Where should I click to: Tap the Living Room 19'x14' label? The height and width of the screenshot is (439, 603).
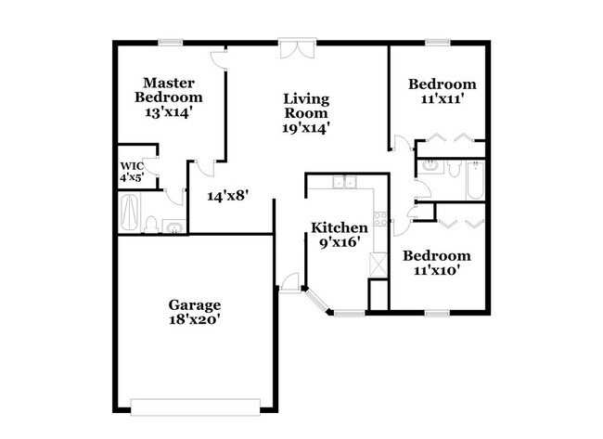point(307,112)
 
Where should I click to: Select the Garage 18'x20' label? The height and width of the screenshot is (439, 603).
point(194,312)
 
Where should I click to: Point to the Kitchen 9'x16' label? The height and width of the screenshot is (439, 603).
point(339,235)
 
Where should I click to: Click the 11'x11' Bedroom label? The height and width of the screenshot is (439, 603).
point(443,91)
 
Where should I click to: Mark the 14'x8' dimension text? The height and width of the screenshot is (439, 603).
point(228,196)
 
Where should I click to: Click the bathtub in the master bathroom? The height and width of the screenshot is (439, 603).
point(129,213)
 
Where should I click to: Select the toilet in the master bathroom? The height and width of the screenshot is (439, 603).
point(150,224)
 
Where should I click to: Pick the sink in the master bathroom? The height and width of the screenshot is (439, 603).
point(173,226)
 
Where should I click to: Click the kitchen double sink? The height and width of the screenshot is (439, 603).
point(345,183)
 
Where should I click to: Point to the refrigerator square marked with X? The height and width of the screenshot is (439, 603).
point(378,261)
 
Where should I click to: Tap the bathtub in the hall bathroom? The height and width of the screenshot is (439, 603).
point(475,179)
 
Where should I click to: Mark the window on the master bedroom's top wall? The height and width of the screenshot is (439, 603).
point(169,41)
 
